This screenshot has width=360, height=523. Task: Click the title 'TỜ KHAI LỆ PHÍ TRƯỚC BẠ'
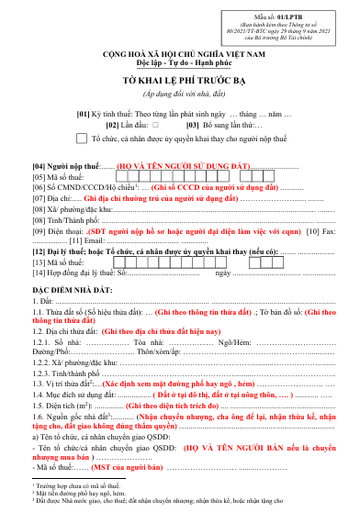[180, 81]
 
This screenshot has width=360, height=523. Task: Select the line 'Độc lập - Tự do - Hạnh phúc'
[180, 64]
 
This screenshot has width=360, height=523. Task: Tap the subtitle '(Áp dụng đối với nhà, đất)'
[180, 94]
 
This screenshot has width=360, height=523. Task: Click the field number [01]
[108, 112]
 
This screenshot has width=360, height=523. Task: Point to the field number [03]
[194, 124]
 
